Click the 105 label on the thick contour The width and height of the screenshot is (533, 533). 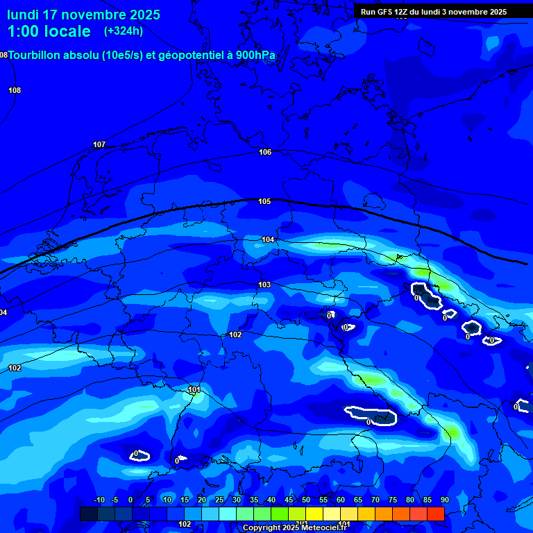click(264, 201)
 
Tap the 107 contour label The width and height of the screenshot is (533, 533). click(99, 144)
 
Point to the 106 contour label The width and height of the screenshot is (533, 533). click(265, 152)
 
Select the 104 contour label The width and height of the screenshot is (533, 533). click(268, 239)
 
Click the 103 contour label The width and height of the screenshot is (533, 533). click(264, 285)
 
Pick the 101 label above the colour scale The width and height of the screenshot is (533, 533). click(194, 390)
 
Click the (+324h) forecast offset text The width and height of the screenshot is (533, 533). click(124, 31)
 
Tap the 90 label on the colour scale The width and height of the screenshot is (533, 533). click(444, 500)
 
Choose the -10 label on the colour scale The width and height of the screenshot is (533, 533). click(99, 500)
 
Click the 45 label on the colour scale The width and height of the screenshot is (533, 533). click(289, 500)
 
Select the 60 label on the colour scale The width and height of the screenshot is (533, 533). click(341, 500)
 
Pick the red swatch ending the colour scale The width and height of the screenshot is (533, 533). click(436, 514)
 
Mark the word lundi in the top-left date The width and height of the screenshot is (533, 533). click(22, 15)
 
